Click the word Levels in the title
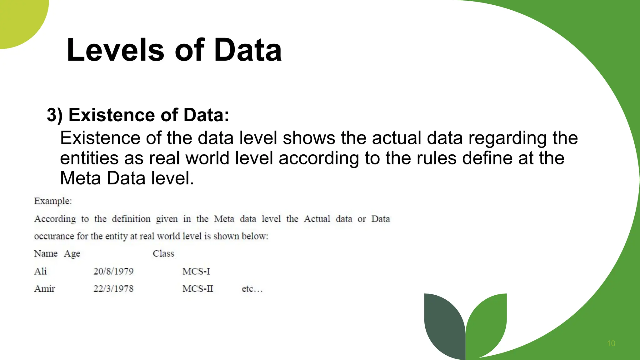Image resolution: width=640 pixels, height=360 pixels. click(x=115, y=50)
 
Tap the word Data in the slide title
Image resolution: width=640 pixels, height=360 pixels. click(x=248, y=50)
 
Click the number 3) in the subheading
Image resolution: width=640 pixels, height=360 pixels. click(x=55, y=115)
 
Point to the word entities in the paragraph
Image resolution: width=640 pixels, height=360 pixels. click(x=89, y=158)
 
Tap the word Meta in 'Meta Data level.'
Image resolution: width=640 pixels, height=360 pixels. click(x=81, y=178)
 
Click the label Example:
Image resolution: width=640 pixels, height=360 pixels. click(x=53, y=201)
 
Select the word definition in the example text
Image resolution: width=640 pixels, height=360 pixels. click(x=131, y=219)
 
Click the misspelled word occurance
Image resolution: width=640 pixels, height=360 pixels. click(x=54, y=236)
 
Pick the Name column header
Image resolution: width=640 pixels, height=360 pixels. click(x=46, y=253)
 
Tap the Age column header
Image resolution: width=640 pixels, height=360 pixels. click(x=72, y=254)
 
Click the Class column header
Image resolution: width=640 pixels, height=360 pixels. click(x=163, y=253)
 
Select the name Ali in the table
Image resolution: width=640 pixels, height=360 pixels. click(x=40, y=271)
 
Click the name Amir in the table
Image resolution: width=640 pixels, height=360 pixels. click(x=44, y=288)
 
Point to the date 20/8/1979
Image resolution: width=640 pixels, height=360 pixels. click(x=113, y=271)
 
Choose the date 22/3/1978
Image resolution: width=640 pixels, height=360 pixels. click(x=113, y=288)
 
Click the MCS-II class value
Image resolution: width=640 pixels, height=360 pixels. click(x=197, y=288)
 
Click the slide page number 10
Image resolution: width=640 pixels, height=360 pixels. click(x=611, y=343)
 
